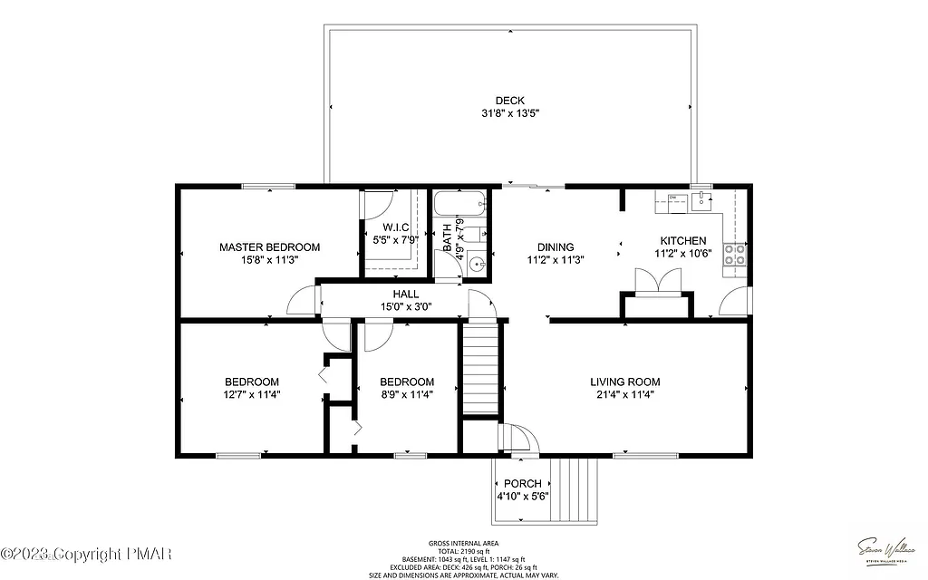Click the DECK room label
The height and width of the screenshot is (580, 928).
tap(509, 101)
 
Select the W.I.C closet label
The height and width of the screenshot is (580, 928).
tap(395, 227)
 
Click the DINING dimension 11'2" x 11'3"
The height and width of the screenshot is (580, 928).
tap(556, 259)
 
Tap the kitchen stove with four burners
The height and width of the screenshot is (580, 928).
tap(734, 255)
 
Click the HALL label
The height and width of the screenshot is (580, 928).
tap(405, 294)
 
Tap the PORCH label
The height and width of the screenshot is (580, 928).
tap(523, 484)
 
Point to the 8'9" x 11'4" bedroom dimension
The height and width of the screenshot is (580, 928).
tap(407, 394)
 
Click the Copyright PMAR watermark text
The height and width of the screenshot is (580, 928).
tap(91, 553)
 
